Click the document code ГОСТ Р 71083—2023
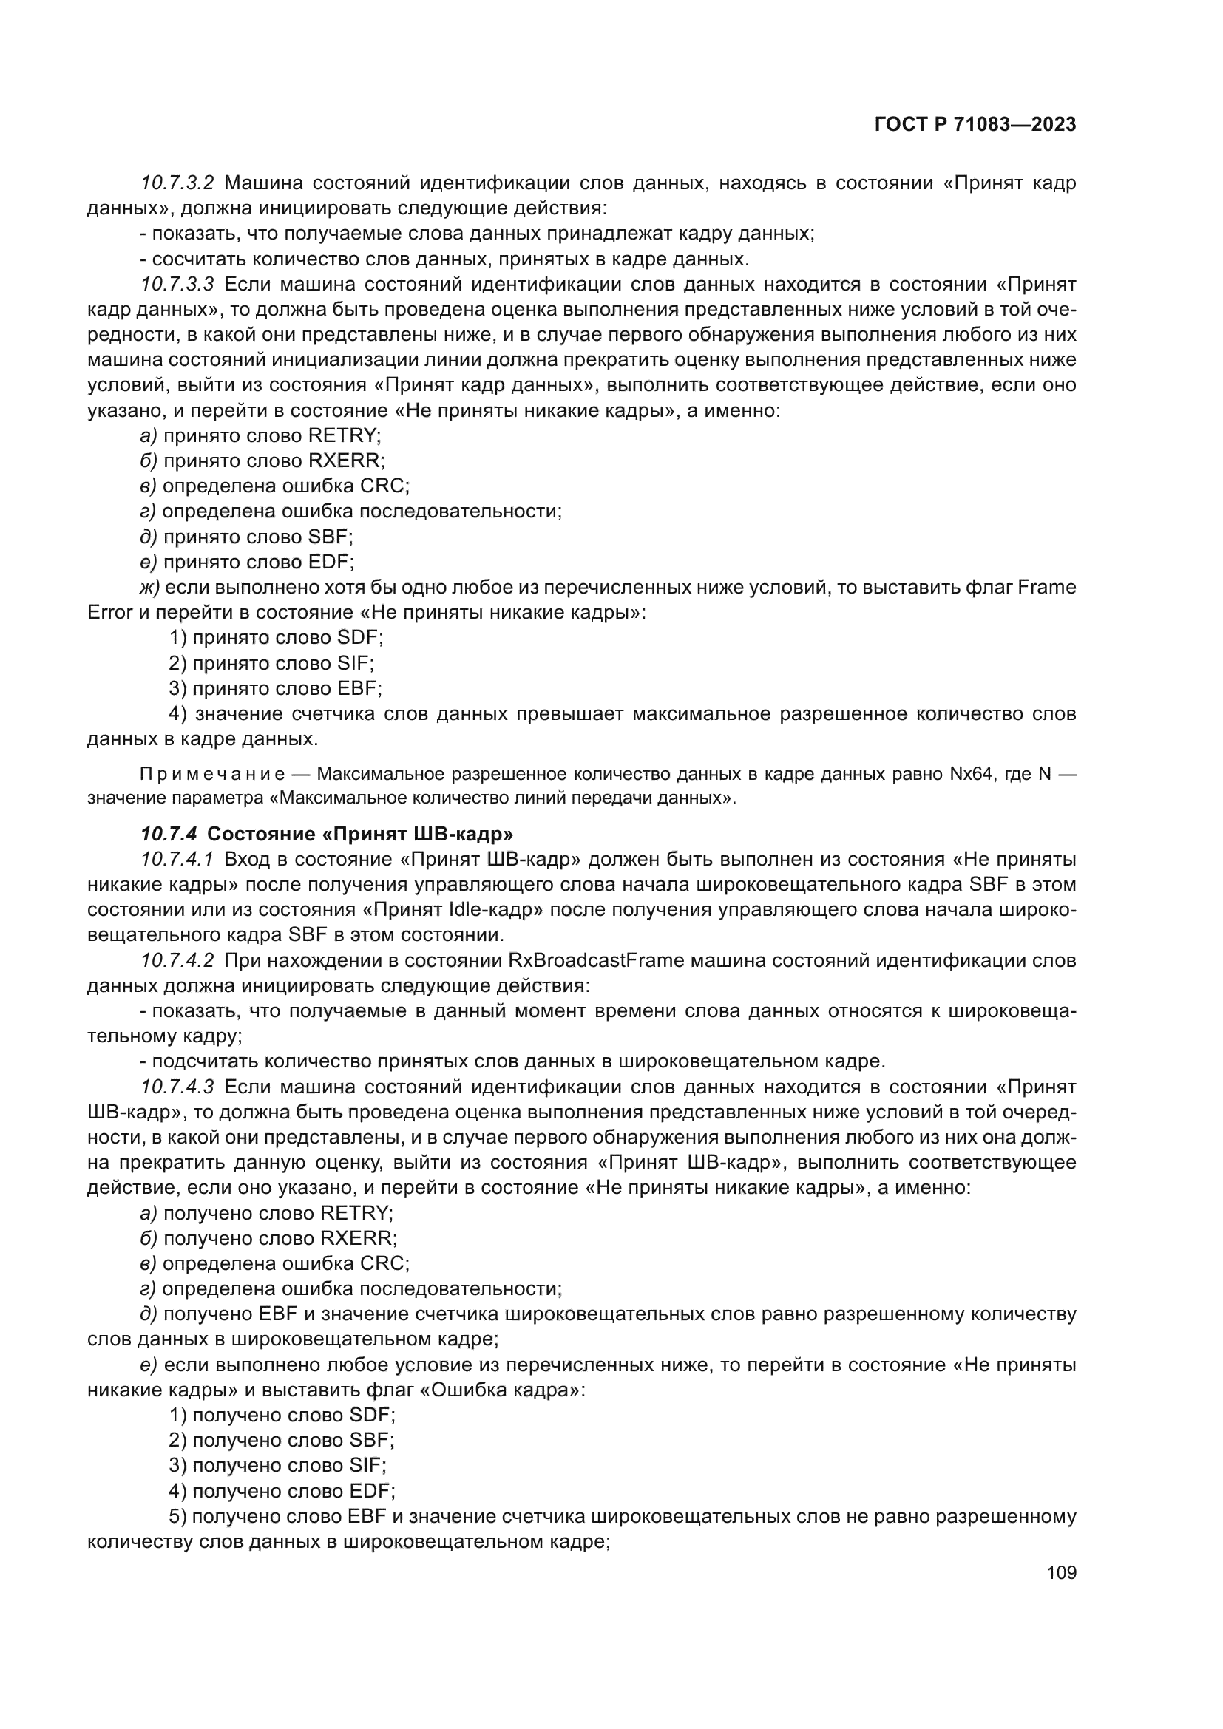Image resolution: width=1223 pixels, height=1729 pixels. pos(975,125)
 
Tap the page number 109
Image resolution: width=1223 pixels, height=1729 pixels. pos(1061,1572)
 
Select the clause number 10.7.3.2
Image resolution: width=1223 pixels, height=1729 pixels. pos(177,183)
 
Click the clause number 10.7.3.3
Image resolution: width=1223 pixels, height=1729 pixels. pos(177,284)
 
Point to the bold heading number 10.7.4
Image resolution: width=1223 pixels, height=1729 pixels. pos(169,834)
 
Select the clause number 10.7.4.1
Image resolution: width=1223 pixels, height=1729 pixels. pos(177,859)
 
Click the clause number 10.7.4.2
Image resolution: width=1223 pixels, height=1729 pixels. pos(177,960)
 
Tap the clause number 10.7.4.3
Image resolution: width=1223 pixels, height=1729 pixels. pos(177,1087)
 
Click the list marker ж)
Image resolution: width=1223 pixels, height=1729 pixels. pos(150,588)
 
